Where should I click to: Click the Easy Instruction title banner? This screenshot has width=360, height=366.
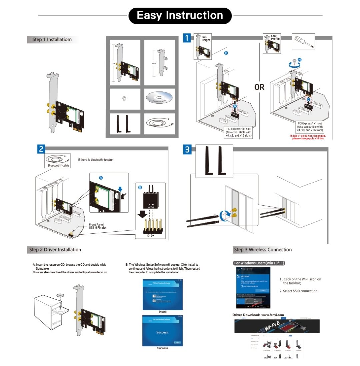click(180, 16)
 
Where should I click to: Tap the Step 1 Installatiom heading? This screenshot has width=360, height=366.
click(52, 40)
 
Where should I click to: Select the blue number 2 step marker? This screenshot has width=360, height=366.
click(41, 149)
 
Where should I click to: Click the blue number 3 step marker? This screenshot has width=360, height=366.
click(187, 150)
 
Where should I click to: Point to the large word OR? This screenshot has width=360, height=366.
click(259, 87)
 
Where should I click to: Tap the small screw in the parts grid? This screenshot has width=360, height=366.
click(124, 99)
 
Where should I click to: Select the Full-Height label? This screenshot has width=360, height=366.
click(206, 38)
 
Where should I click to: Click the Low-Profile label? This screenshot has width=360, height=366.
click(275, 37)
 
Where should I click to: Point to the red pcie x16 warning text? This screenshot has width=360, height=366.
click(308, 137)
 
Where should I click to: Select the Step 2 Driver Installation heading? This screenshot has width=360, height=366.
click(55, 250)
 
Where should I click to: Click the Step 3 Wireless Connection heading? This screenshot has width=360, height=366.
click(263, 250)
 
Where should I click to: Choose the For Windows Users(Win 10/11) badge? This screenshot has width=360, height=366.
click(259, 263)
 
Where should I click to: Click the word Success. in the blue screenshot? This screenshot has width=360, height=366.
click(162, 332)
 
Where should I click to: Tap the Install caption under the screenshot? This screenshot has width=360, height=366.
click(162, 312)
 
